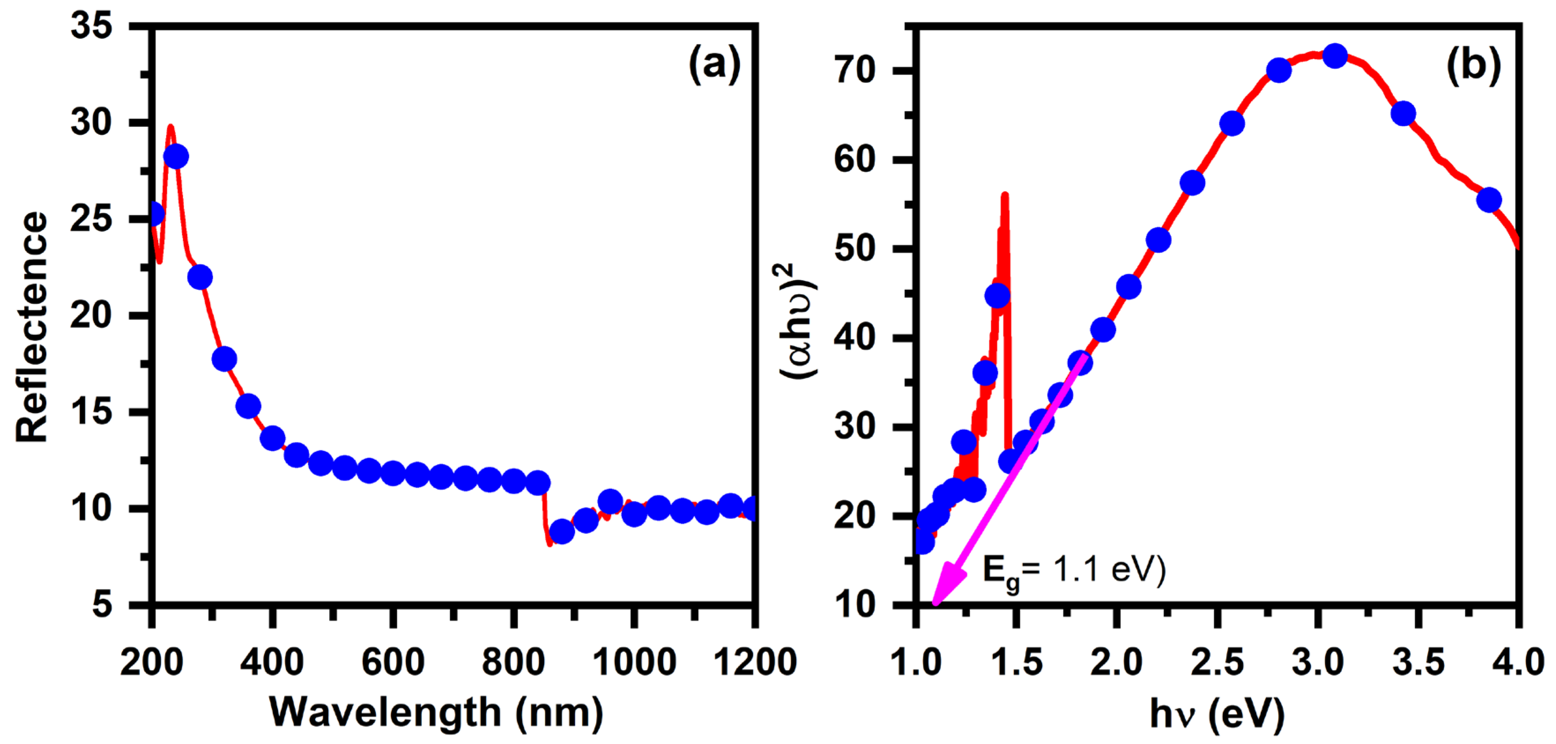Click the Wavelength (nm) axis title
pos(436,713)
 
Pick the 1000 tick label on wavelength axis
pos(634,662)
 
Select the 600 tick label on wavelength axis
pos(393,662)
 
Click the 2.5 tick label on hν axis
pos(1217,662)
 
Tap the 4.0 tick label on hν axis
pos(1517,662)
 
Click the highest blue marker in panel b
pos(1334,56)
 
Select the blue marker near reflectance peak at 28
pos(176,156)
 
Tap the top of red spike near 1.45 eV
pos(1004,195)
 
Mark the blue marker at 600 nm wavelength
pos(393,474)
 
